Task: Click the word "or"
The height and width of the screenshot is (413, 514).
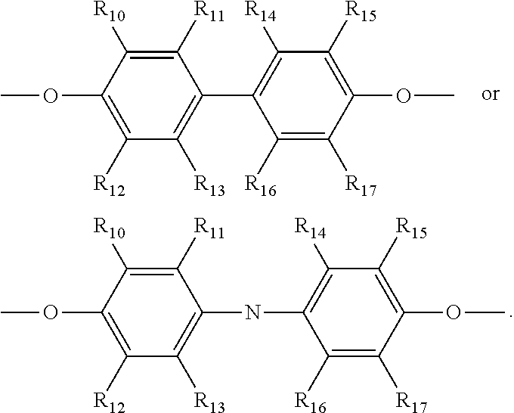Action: pyautogui.click(x=490, y=95)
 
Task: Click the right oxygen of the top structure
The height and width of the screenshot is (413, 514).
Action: pyautogui.click(x=404, y=97)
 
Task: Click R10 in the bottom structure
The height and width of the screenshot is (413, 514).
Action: pyautogui.click(x=107, y=226)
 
